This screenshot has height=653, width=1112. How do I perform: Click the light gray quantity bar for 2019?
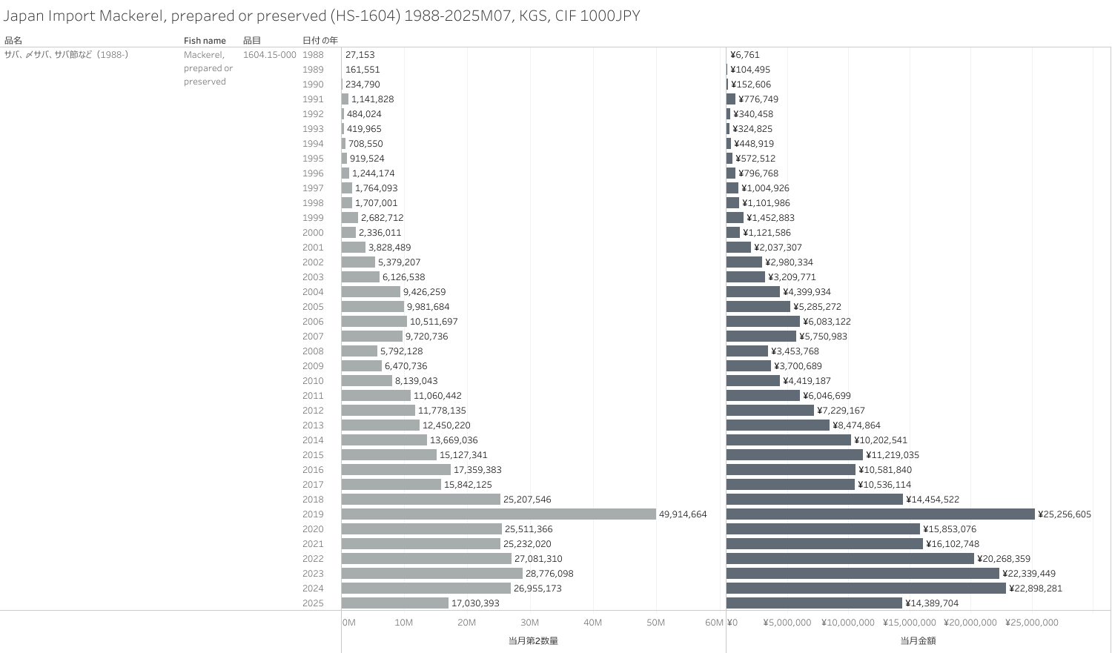click(498, 514)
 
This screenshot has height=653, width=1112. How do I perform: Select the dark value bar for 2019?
click(880, 514)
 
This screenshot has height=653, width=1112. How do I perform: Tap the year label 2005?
click(313, 307)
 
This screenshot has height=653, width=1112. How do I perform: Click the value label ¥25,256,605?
click(1064, 514)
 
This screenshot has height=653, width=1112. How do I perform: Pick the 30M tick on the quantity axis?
click(529, 623)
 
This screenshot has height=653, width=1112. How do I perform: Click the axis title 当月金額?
click(918, 640)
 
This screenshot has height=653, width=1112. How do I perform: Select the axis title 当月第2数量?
click(533, 640)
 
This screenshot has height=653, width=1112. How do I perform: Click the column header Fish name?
click(205, 41)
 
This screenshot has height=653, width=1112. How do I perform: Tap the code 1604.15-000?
click(269, 55)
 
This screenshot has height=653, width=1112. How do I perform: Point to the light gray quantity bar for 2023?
click(432, 573)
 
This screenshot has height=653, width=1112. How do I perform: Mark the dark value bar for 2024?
click(866, 588)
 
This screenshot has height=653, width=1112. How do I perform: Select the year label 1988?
click(313, 55)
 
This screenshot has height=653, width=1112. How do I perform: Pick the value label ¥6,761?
click(744, 55)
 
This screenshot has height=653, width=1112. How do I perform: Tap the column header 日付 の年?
click(320, 41)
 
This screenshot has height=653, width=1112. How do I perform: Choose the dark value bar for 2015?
click(795, 454)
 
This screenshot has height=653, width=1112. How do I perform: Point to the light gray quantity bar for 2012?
click(378, 410)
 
